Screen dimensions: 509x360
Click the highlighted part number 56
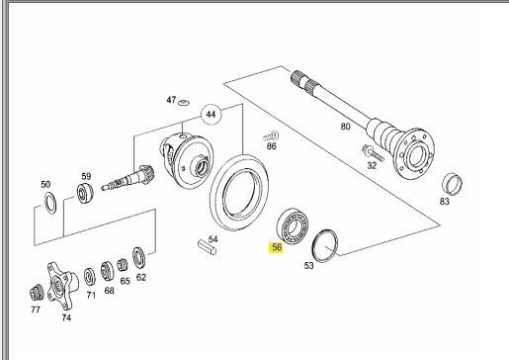click(276, 247)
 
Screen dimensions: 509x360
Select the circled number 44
click(211, 115)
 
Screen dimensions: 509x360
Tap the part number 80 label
click(345, 127)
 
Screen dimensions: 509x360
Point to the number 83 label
click(444, 201)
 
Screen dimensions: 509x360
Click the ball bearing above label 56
click(293, 226)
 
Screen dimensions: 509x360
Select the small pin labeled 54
click(207, 248)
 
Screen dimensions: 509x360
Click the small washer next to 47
click(184, 103)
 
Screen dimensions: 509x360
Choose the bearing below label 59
click(85, 193)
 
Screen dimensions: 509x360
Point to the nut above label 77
click(37, 293)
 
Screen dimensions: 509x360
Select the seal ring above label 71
click(89, 277)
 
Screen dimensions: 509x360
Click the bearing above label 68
click(108, 271)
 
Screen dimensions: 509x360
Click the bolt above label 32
click(373, 152)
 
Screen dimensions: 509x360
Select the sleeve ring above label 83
click(453, 184)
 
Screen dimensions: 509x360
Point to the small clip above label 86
click(271, 136)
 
